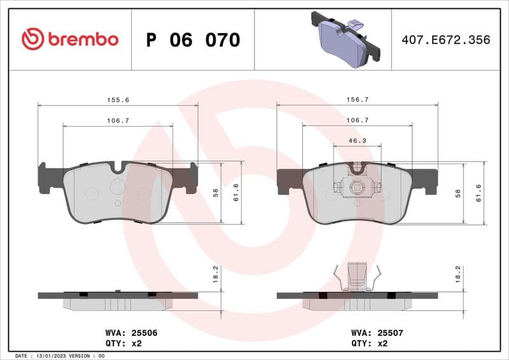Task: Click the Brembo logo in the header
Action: click(70, 39)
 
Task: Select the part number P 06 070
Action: click(193, 40)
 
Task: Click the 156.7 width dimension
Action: click(357, 100)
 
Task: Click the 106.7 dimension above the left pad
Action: click(118, 120)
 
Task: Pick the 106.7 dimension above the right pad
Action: click(357, 120)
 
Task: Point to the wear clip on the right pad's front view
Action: click(357, 186)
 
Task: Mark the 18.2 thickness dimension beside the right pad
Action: click(457, 273)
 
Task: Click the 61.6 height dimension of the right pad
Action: click(478, 193)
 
